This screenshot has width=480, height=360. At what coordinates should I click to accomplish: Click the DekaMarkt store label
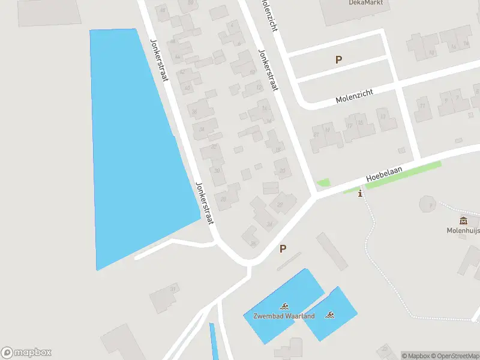click(x=365, y=2)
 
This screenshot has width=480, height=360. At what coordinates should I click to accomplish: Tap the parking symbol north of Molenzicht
click(x=338, y=59)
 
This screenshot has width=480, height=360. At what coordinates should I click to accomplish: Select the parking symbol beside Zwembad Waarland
click(x=283, y=248)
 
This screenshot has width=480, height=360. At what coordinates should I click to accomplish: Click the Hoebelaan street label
click(x=383, y=175)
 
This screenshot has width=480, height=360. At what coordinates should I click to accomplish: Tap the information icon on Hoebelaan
click(x=360, y=193)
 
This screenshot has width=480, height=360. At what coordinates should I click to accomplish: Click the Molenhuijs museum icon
click(x=463, y=220)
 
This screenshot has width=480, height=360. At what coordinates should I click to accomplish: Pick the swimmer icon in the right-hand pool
click(x=329, y=314)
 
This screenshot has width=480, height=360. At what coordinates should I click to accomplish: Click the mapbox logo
click(x=26, y=353)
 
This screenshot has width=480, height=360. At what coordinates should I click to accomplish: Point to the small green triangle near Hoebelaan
click(x=323, y=182)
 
